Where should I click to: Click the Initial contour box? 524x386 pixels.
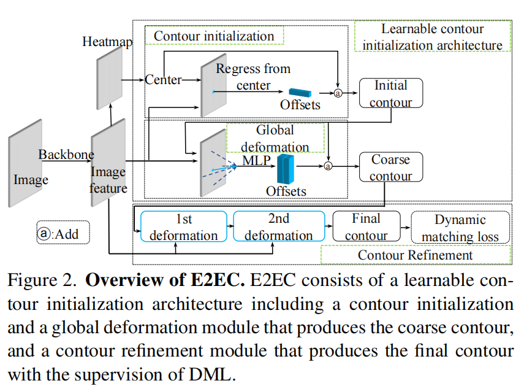(x=390, y=93)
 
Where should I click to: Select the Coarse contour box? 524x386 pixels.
(x=390, y=168)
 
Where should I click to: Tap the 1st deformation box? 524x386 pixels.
(x=183, y=227)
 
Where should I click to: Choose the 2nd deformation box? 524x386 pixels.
(x=279, y=227)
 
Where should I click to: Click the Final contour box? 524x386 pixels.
(x=366, y=227)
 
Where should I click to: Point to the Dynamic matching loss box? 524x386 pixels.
(x=460, y=228)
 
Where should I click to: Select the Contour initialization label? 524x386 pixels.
(x=214, y=36)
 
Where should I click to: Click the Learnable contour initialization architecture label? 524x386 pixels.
(x=432, y=37)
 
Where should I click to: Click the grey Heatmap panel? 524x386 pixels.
(x=108, y=77)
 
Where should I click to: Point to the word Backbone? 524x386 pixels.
(x=66, y=155)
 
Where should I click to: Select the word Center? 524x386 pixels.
(x=163, y=80)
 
